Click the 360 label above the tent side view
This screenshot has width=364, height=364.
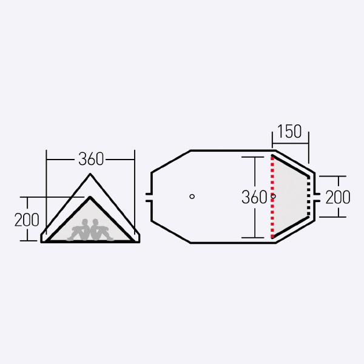tap(91, 159)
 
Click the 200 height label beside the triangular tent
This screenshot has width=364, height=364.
tap(27, 220)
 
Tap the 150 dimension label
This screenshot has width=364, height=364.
tap(289, 132)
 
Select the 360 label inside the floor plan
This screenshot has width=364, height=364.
tap(254, 197)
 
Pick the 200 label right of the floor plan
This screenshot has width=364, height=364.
tap(338, 197)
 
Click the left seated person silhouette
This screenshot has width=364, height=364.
tap(79, 229)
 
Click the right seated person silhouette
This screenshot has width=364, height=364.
tap(102, 229)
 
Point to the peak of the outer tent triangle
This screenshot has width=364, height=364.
tap(90, 174)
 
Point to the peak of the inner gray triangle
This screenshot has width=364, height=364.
tap(90, 197)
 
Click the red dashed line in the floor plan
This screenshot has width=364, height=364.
tap(272, 197)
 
